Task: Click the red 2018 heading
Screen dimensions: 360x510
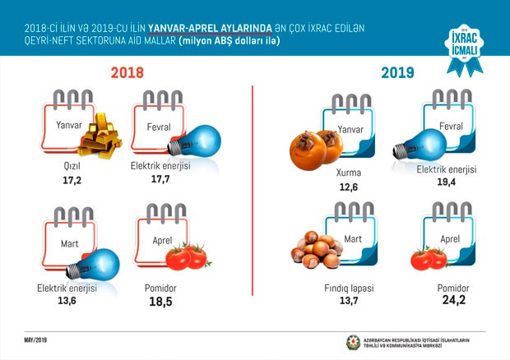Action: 127,73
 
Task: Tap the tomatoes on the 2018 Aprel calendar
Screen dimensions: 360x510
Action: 186,256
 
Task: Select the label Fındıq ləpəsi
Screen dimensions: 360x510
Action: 349,289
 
